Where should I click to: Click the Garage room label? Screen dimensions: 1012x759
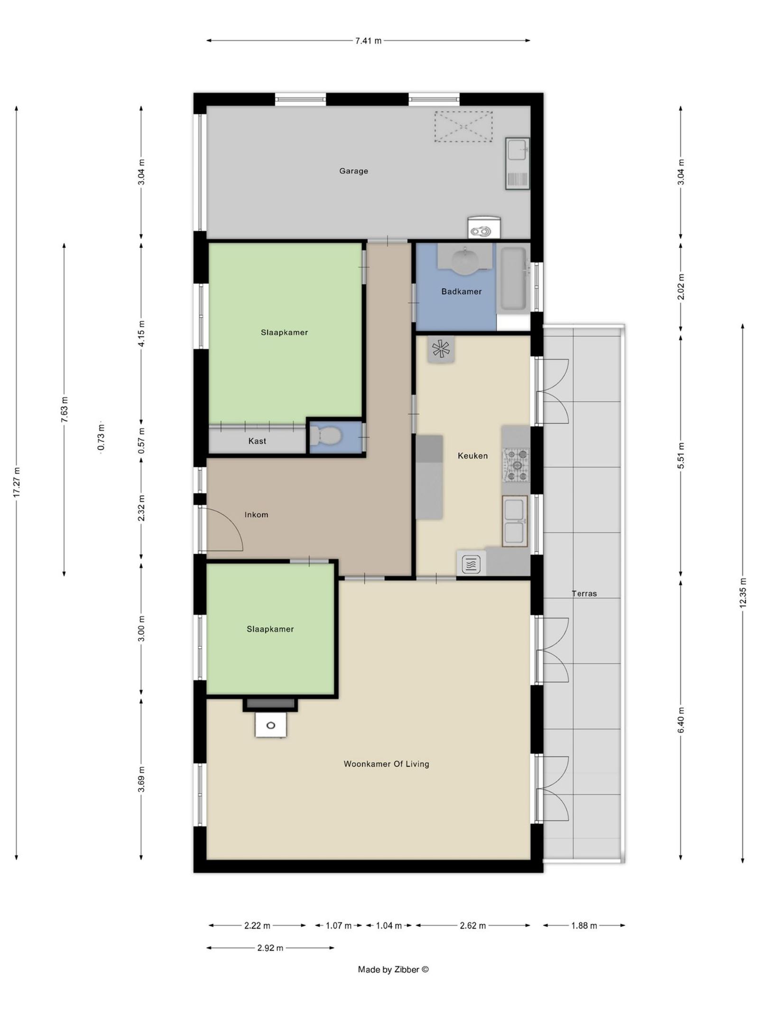tap(353, 171)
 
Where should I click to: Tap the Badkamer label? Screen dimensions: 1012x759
tap(461, 291)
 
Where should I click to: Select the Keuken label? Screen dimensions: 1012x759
tap(472, 455)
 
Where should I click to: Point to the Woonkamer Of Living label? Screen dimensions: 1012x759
tap(386, 764)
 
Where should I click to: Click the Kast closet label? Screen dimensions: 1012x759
tap(257, 441)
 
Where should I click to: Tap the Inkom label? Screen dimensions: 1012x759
tap(256, 514)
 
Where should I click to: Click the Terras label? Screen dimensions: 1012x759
tap(584, 593)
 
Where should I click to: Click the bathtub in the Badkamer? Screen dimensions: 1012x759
tap(514, 280)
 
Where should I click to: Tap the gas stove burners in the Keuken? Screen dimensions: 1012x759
tap(516, 465)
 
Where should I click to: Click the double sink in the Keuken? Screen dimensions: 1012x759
tap(515, 521)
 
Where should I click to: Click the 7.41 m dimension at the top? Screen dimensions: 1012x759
tap(368, 41)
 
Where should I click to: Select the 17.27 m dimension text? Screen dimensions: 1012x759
tap(17, 482)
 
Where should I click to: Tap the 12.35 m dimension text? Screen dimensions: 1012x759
tap(742, 592)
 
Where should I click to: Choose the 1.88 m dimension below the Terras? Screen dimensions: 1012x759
tap(583, 925)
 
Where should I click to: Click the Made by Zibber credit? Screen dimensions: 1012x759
tap(393, 970)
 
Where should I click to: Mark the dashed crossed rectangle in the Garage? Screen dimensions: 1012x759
tap(463, 126)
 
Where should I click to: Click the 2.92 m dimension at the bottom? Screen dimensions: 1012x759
tap(270, 948)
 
